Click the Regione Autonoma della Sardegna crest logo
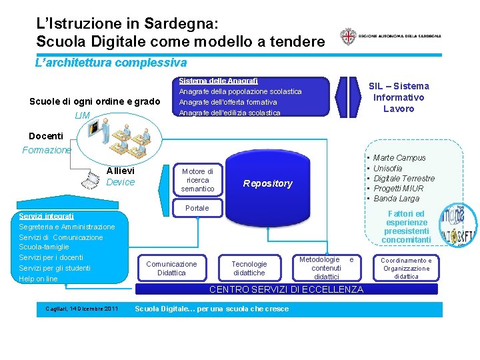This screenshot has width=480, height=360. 347,37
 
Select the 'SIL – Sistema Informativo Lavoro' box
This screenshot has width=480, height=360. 399,97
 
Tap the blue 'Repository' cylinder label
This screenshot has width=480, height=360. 267,183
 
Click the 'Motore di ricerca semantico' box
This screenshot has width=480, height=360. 197,180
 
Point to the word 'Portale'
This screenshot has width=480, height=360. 197,208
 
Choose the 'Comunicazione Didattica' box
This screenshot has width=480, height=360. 171,268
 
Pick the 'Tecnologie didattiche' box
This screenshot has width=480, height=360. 249,268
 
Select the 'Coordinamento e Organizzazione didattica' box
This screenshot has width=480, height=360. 406,268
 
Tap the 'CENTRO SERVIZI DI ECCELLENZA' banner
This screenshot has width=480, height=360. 287,289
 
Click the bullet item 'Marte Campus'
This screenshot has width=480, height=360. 399,158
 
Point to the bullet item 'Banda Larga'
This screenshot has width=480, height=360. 397,198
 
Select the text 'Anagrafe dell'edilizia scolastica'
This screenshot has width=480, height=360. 229,113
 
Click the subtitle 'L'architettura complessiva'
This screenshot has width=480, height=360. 111,63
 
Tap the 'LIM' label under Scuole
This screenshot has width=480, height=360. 83,116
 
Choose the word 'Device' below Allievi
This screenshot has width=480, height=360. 121,182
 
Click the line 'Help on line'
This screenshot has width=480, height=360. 38,279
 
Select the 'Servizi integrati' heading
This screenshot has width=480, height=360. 47,216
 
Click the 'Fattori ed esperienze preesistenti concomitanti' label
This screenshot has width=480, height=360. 406,227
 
